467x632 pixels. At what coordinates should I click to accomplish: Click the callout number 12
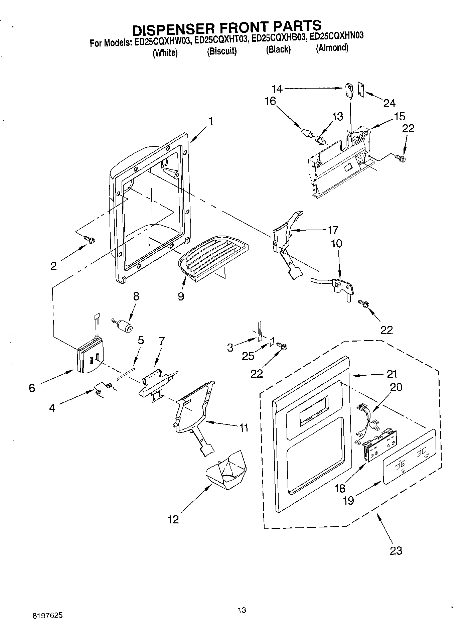point(173,519)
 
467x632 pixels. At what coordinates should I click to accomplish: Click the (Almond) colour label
point(332,48)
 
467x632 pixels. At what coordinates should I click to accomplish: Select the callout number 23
point(396,550)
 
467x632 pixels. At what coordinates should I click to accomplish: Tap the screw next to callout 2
point(90,240)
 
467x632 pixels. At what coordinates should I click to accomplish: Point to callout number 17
point(333,230)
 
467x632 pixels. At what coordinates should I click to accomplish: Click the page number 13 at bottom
point(242,611)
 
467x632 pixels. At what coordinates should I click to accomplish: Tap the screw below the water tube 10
point(364,303)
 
